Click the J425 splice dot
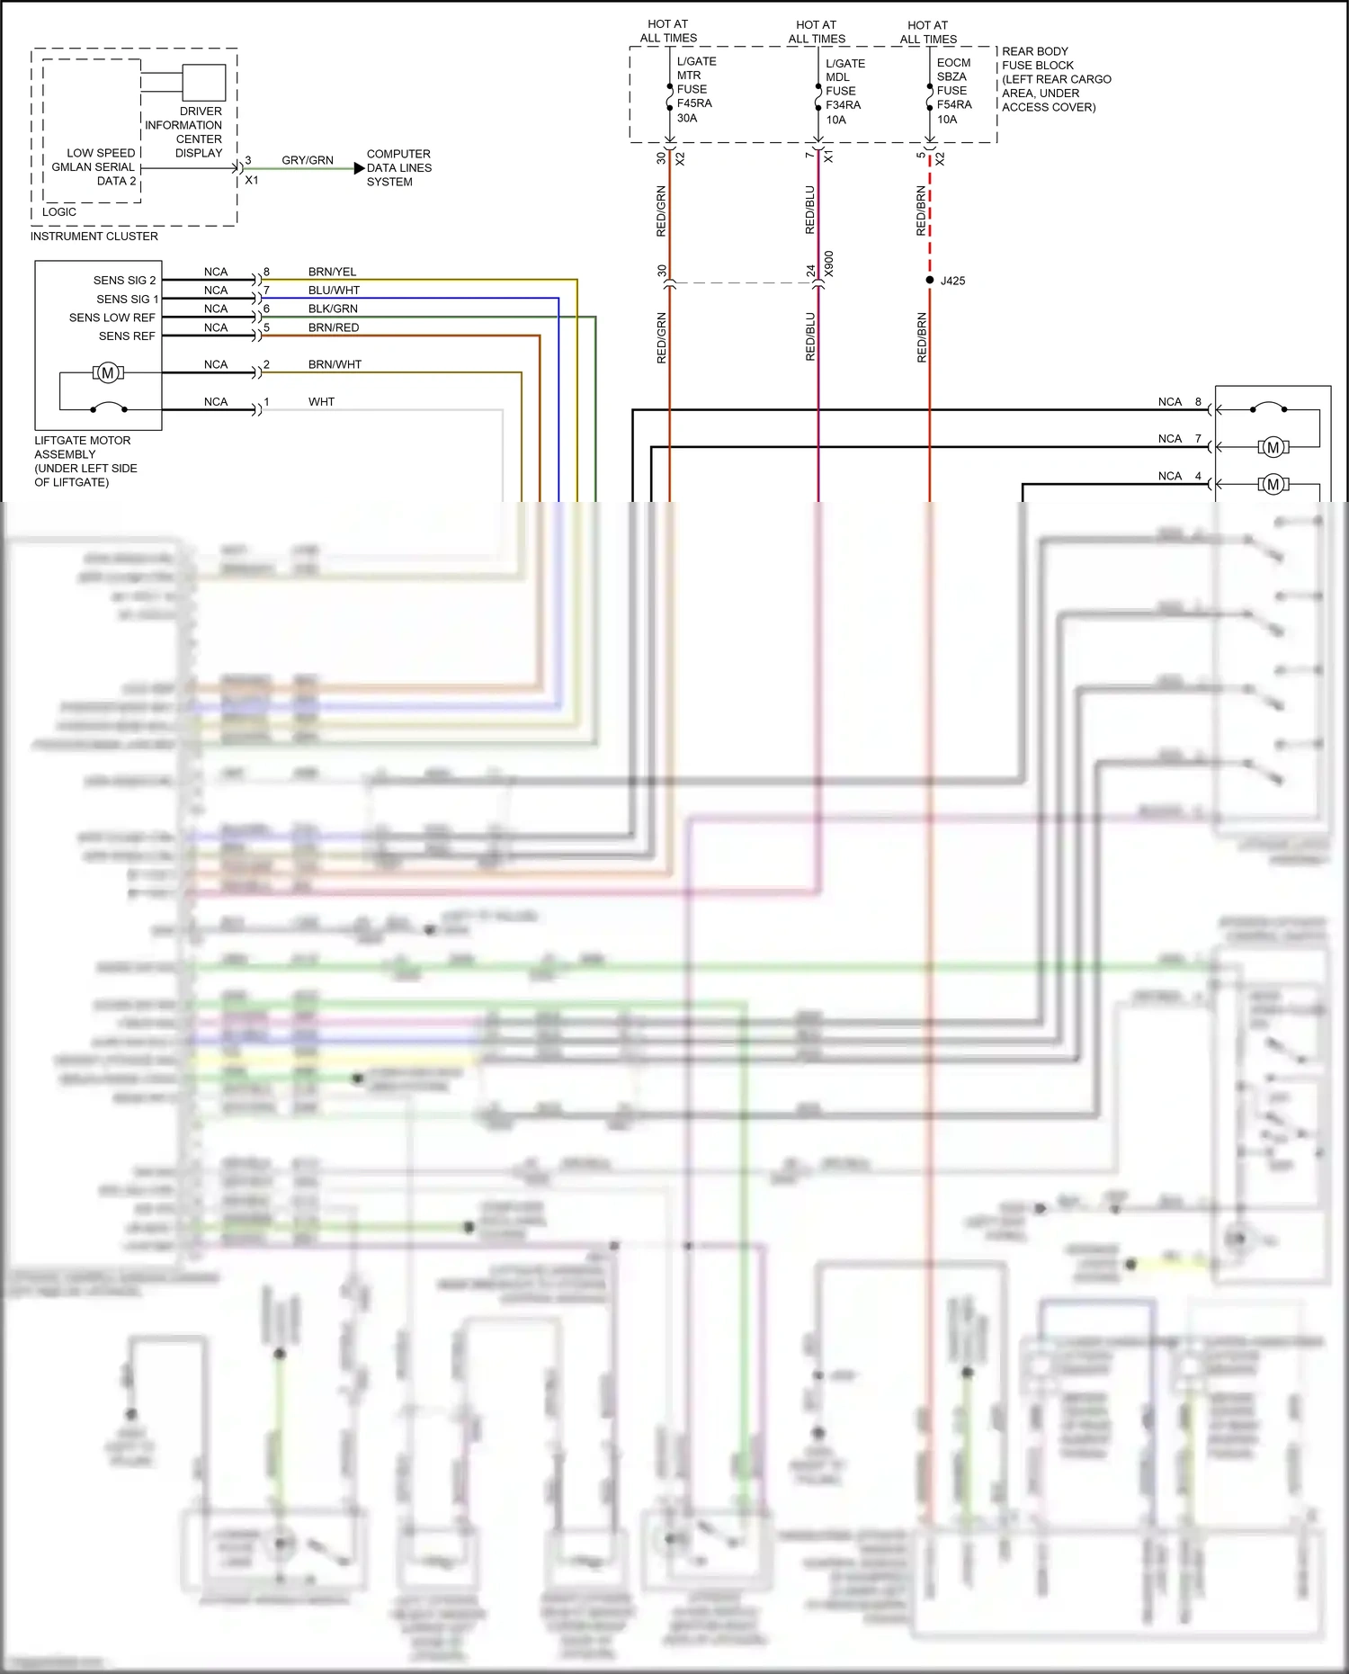(930, 280)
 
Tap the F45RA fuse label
(694, 103)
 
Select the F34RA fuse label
(843, 105)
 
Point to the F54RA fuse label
(954, 104)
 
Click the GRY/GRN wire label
(308, 160)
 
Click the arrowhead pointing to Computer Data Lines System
(360, 168)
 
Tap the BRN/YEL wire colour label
(332, 272)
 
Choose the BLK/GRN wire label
(333, 309)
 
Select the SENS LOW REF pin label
(112, 318)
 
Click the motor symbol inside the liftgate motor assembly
(108, 372)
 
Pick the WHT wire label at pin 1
(321, 402)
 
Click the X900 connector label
(829, 264)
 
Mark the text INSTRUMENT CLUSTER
(94, 237)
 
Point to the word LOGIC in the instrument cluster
(59, 212)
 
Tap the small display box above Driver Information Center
(204, 83)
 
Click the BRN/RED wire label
(334, 327)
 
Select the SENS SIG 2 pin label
(124, 281)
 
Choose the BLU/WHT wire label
(334, 291)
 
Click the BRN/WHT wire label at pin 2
(335, 364)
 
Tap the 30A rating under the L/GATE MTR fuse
(687, 118)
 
